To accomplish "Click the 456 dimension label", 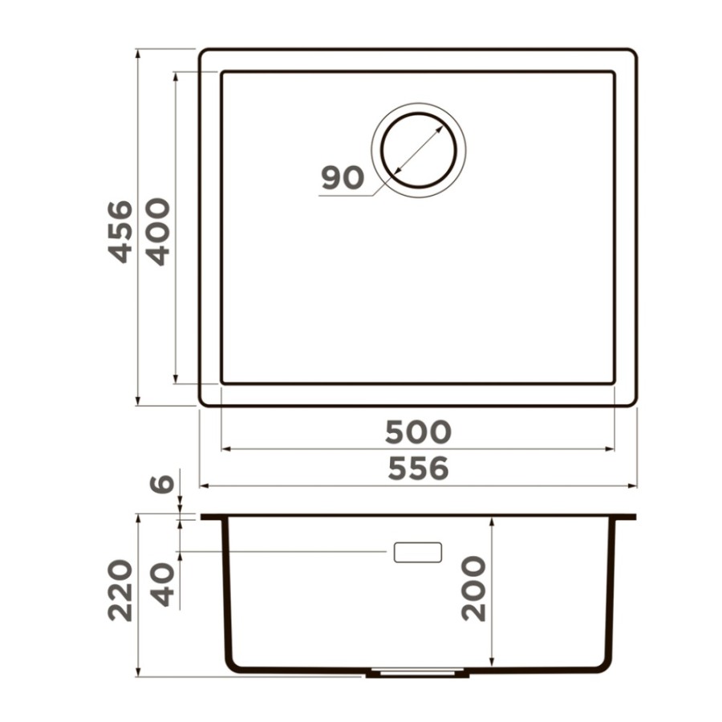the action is pos(120,232).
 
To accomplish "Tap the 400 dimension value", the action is pos(157,232).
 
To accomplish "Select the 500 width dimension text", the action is pos(418,432).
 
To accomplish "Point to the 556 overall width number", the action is pos(418,468).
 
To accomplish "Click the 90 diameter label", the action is pos(343,178).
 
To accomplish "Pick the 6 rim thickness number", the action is pos(162,484).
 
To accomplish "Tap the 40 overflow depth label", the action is pos(163,586).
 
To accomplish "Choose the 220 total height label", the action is pos(120,590).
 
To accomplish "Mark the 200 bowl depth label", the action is pos(473,589).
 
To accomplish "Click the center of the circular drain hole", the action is pos(419,150).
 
